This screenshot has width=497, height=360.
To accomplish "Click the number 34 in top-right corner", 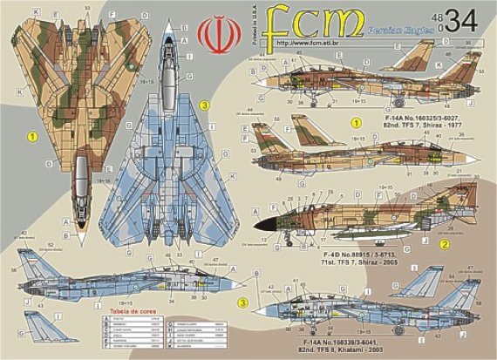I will click(x=466, y=19).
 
